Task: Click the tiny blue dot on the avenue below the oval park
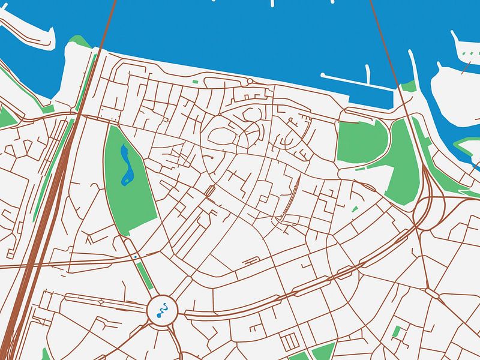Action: click(x=136, y=256)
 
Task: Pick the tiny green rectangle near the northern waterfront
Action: click(x=194, y=82)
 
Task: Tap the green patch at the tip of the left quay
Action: click(x=76, y=41)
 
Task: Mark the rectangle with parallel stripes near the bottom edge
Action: click(x=290, y=341)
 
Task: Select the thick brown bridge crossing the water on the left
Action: click(x=107, y=27)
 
